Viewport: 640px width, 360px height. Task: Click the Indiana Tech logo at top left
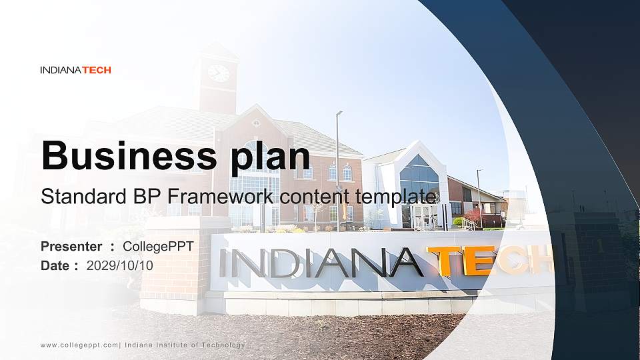[75, 70]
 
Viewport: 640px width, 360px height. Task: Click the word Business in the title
[123, 156]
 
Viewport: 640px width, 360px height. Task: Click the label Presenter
[71, 247]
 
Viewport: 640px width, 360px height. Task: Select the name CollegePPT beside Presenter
[158, 247]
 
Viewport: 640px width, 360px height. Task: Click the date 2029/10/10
[120, 265]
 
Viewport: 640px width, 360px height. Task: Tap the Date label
[55, 265]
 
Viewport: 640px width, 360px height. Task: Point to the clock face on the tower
[218, 73]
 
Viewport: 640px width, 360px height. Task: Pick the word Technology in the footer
[223, 345]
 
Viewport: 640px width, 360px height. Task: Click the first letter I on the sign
[224, 263]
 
